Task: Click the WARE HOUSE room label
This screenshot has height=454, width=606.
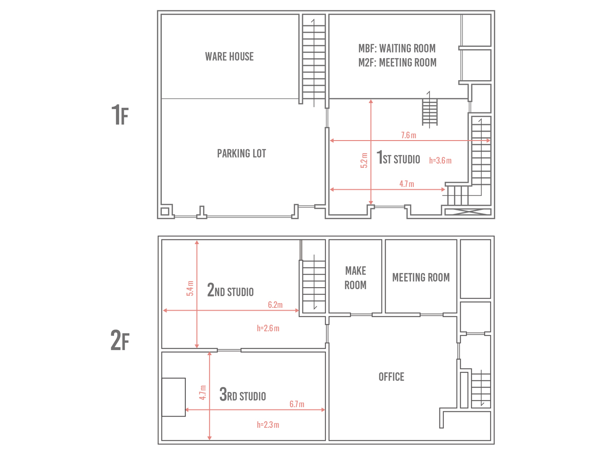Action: click(x=229, y=57)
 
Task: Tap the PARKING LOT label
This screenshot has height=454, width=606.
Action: click(x=241, y=154)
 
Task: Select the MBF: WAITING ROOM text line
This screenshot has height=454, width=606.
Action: click(x=397, y=49)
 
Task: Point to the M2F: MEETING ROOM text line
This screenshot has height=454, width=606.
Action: click(x=397, y=63)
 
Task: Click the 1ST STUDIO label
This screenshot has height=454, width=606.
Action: click(x=398, y=157)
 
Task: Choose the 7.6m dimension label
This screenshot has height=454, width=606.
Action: click(x=409, y=135)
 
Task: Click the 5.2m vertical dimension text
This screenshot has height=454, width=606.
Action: click(x=364, y=160)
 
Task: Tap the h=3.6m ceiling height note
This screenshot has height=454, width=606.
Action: click(x=440, y=160)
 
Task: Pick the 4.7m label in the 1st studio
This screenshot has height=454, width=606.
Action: click(x=407, y=184)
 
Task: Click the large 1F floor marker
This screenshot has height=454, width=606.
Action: click(x=120, y=115)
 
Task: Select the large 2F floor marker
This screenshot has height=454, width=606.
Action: click(x=120, y=341)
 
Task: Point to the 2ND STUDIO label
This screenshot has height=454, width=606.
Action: click(x=230, y=290)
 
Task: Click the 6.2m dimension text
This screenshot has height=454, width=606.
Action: click(x=275, y=305)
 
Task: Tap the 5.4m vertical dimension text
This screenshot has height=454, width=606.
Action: click(x=190, y=288)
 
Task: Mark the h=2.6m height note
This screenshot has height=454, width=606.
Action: click(x=268, y=328)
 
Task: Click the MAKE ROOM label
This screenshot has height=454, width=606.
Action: click(x=356, y=278)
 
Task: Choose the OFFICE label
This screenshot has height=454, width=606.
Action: click(x=392, y=377)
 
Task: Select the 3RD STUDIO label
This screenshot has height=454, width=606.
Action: click(x=242, y=394)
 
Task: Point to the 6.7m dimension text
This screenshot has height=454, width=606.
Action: click(x=297, y=404)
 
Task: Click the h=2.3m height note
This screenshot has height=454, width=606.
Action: click(x=268, y=425)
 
